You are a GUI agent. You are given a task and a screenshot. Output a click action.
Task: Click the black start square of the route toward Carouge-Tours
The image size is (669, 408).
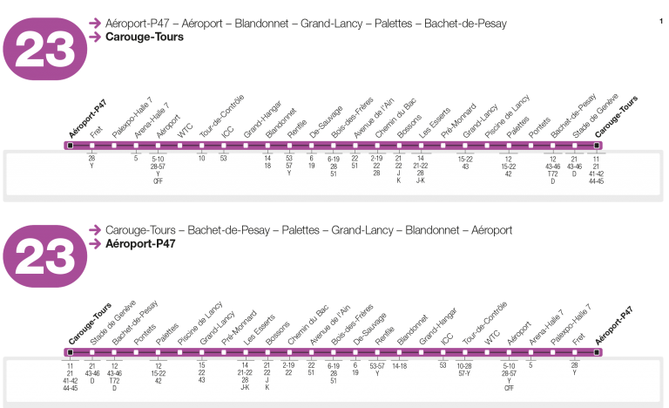pos(70,146)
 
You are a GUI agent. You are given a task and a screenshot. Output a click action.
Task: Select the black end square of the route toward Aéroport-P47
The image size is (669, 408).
pos(597,352)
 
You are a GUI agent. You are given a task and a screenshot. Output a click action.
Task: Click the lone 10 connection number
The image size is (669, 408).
pos(202,158)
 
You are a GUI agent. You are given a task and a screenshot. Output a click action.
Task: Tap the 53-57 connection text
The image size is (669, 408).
pos(377,365)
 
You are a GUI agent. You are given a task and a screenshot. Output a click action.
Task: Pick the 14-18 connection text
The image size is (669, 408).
pos(400,365)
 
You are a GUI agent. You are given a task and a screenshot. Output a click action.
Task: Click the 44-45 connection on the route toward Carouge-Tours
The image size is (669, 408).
pos(596,181)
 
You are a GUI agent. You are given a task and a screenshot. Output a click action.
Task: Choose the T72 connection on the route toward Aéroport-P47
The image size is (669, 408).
pos(114,381)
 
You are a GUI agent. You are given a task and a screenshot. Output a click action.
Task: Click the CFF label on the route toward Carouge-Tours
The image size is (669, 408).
pos(158,181)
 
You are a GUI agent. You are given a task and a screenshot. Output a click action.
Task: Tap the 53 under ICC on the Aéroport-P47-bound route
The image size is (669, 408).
pos(443,365)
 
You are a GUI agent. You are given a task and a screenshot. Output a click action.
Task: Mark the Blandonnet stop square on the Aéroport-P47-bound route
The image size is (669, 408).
pos(400,352)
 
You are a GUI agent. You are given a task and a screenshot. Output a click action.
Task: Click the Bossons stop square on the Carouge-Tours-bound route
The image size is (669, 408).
pos(399,146)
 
